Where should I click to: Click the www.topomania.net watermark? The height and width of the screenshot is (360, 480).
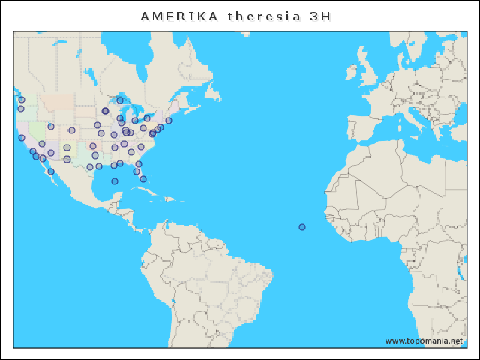[x=424, y=340]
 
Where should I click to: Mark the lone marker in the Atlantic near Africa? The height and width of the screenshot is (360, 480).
[x=302, y=227]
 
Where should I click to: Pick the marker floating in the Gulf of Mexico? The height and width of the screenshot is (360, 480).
[x=115, y=181]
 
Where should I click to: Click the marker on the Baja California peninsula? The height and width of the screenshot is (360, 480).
[x=51, y=172]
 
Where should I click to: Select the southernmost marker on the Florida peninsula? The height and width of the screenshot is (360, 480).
[x=143, y=179]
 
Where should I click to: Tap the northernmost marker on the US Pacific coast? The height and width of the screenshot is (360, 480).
[x=22, y=100]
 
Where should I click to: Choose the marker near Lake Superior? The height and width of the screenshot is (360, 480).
[x=120, y=100]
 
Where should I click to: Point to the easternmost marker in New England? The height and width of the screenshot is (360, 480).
[x=169, y=121]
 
